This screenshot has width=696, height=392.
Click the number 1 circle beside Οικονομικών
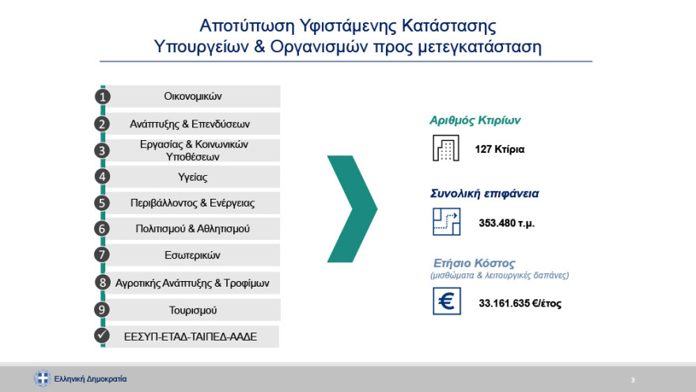102,97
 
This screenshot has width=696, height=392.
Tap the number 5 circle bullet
102,203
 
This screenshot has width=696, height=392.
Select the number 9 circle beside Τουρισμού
102,310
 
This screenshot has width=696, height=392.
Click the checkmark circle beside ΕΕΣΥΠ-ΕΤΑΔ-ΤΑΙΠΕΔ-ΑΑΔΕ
102,336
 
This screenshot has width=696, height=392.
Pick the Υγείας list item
192,177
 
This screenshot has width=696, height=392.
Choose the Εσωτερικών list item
192,255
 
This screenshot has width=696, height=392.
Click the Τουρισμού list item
192,310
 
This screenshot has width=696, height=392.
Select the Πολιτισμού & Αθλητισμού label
192,229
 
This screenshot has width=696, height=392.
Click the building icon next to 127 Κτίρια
445,149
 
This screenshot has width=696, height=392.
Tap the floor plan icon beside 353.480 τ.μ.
445,222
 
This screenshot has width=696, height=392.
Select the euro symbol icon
445,302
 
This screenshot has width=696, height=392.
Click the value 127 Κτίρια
500,149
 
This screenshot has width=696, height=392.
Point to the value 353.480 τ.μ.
506,223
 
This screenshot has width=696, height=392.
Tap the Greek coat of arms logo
42,379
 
